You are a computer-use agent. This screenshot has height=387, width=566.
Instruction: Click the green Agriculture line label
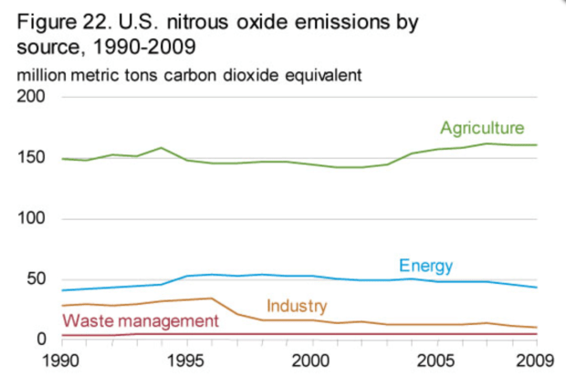pos(483,127)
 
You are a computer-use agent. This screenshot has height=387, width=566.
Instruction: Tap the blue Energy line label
pos(425,266)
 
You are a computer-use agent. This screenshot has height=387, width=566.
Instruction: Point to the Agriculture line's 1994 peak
pos(162,147)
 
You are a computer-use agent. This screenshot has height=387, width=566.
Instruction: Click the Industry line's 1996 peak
pos(212,298)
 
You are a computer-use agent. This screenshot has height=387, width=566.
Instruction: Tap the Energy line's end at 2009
pos(536,288)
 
